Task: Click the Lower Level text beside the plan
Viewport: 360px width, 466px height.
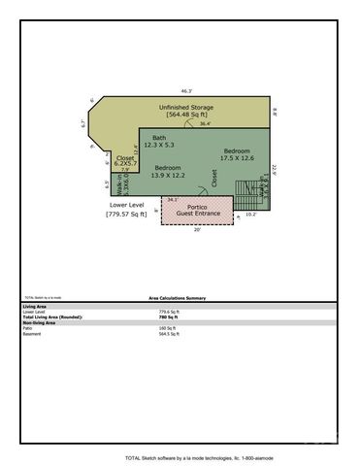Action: click(127, 206)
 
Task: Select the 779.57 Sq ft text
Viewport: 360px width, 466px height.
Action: click(127, 214)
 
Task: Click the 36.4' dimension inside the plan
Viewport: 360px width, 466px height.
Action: click(206, 123)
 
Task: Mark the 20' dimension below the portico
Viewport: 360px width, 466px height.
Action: click(197, 230)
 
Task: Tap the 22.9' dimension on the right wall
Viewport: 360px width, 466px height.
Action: click(275, 168)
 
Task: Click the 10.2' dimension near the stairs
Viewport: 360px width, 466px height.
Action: click(250, 214)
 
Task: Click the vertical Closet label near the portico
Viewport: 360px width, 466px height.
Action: click(214, 179)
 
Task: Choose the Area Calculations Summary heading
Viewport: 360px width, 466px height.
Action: click(177, 298)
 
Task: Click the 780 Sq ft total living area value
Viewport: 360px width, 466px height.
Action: click(165, 316)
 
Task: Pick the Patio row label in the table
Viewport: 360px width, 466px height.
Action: click(28, 328)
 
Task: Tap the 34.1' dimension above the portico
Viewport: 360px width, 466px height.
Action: click(173, 199)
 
